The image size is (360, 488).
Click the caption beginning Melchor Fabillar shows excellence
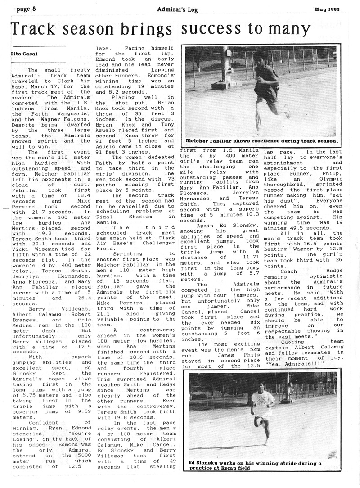click(261, 140)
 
